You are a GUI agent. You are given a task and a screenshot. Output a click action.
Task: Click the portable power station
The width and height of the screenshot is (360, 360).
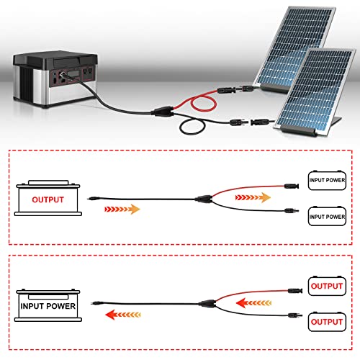[x=55, y=78]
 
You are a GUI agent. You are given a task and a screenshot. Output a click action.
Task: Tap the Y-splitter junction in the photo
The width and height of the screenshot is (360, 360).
[x=163, y=112]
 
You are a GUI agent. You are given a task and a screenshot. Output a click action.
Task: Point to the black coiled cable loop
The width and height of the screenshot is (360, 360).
[x=192, y=127]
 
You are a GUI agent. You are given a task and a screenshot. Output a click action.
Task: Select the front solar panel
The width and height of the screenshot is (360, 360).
[x=315, y=92]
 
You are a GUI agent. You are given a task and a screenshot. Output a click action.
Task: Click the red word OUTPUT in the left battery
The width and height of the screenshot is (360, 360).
[x=48, y=199]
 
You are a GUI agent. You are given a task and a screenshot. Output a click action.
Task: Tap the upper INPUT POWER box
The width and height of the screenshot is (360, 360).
[x=327, y=180]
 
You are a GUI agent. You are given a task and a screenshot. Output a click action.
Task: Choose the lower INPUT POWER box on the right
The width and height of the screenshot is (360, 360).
[x=327, y=216]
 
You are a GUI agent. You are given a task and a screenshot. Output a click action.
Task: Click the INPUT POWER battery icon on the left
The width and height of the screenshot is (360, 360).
[x=48, y=305]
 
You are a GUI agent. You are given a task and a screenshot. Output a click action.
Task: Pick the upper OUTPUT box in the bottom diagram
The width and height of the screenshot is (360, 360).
[x=327, y=286]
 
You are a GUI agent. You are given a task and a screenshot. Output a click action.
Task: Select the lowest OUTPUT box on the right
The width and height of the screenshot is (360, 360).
[x=327, y=322]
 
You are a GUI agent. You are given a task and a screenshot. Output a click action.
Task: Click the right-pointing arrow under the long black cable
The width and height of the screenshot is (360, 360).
[x=122, y=210]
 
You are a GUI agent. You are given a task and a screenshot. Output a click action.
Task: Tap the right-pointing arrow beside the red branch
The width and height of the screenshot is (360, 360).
[x=253, y=197]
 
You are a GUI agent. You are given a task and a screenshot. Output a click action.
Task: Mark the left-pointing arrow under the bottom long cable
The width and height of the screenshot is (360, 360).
[x=123, y=315]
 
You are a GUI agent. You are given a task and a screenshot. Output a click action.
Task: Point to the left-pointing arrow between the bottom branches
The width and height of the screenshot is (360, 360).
[x=253, y=303]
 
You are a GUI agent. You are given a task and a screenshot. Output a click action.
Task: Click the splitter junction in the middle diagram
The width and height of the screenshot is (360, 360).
[x=204, y=199]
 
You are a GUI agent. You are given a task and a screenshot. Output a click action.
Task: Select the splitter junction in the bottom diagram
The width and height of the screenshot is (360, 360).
[x=208, y=304]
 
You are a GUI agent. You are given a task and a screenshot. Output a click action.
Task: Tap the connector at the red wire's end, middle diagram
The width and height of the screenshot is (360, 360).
[x=292, y=186]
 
